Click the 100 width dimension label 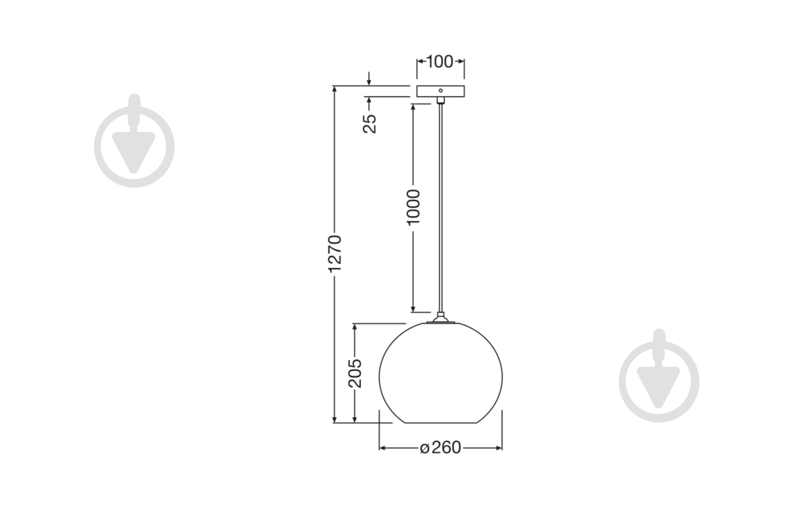pyautogui.click(x=440, y=62)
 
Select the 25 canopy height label pyautogui.click(x=370, y=124)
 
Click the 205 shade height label pyautogui.click(x=355, y=373)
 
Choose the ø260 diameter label pyautogui.click(x=440, y=448)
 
